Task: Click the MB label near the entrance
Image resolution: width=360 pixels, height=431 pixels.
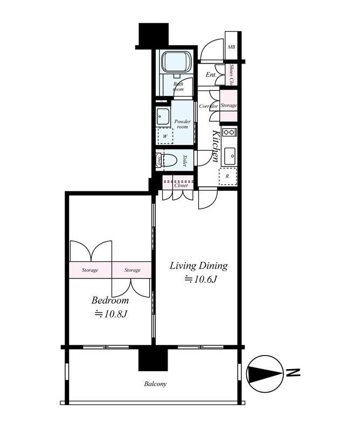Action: click(231, 47)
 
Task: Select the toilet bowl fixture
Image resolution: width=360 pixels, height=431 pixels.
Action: click(171, 161)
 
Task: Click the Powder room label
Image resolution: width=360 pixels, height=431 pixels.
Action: click(182, 124)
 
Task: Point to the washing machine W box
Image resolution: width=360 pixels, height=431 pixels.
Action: click(164, 136)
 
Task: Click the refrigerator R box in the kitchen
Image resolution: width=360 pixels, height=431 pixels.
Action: click(227, 176)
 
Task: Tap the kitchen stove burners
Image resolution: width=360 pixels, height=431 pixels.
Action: click(228, 132)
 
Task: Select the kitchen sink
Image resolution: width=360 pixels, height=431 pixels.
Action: click(229, 156)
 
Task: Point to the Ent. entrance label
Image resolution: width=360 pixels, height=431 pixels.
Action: click(211, 75)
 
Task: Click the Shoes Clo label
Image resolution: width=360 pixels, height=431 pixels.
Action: click(232, 75)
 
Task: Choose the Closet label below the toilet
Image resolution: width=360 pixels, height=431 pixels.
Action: click(181, 185)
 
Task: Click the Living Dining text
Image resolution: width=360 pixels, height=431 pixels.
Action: click(199, 266)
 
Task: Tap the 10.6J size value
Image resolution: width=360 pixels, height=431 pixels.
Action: click(200, 280)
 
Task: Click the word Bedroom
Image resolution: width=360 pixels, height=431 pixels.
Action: click(110, 300)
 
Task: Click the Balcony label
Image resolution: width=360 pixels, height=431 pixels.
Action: click(155, 384)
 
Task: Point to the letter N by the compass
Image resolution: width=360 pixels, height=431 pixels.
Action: click(293, 372)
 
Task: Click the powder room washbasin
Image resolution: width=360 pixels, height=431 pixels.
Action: click(162, 115)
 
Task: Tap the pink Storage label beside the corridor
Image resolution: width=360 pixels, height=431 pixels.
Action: click(229, 106)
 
